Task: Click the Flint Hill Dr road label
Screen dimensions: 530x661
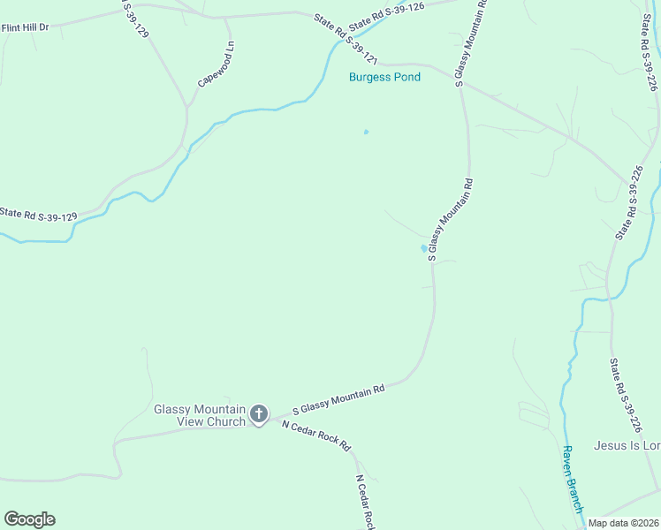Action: coord(25,27)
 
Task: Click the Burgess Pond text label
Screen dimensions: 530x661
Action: coord(384,77)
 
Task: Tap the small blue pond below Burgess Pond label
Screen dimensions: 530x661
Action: coord(366,132)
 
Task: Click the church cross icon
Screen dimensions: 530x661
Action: coord(259,413)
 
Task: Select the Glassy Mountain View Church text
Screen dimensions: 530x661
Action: coord(199,415)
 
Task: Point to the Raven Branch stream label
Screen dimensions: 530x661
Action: coord(572,478)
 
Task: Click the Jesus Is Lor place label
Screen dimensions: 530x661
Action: coord(627,446)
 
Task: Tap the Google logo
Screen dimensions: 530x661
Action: coord(29,519)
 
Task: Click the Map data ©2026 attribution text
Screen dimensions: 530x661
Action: coord(624,522)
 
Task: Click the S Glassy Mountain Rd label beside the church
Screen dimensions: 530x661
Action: coord(338,400)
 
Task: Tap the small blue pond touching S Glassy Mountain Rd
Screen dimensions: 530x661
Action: coord(423,248)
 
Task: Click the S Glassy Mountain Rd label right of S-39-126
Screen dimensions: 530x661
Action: coord(470,42)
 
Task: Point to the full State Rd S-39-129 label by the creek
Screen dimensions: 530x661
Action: coord(38,214)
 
